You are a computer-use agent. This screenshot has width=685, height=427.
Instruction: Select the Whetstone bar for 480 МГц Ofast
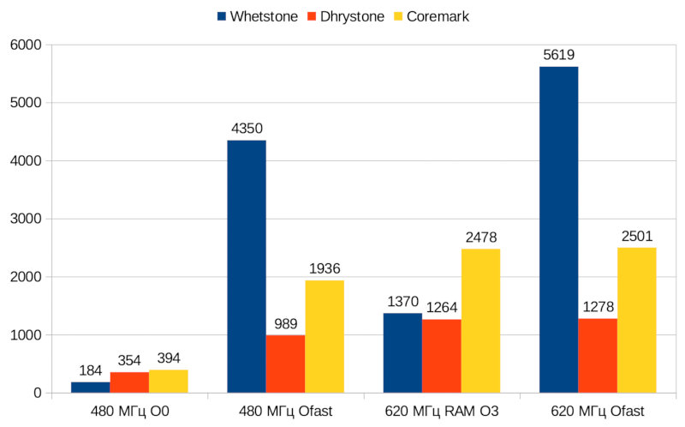tap(247, 267)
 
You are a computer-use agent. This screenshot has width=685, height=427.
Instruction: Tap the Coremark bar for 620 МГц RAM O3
tap(480, 321)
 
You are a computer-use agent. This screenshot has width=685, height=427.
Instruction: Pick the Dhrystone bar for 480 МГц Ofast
tap(285, 364)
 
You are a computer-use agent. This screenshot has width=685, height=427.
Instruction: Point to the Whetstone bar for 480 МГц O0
tap(91, 388)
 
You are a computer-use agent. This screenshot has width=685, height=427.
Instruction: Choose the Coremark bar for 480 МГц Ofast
tap(325, 336)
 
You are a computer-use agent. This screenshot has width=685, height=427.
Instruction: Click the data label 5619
tap(558, 55)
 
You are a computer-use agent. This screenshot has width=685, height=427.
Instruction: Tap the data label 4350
tap(247, 129)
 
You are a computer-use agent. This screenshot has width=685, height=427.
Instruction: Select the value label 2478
tap(480, 238)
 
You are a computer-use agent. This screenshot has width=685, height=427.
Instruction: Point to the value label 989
tap(285, 324)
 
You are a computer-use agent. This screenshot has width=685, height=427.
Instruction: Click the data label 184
tap(91, 371)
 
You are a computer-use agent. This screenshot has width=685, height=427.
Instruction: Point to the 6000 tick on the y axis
tap(27, 45)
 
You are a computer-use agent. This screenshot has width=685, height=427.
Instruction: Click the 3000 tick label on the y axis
tap(27, 219)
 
